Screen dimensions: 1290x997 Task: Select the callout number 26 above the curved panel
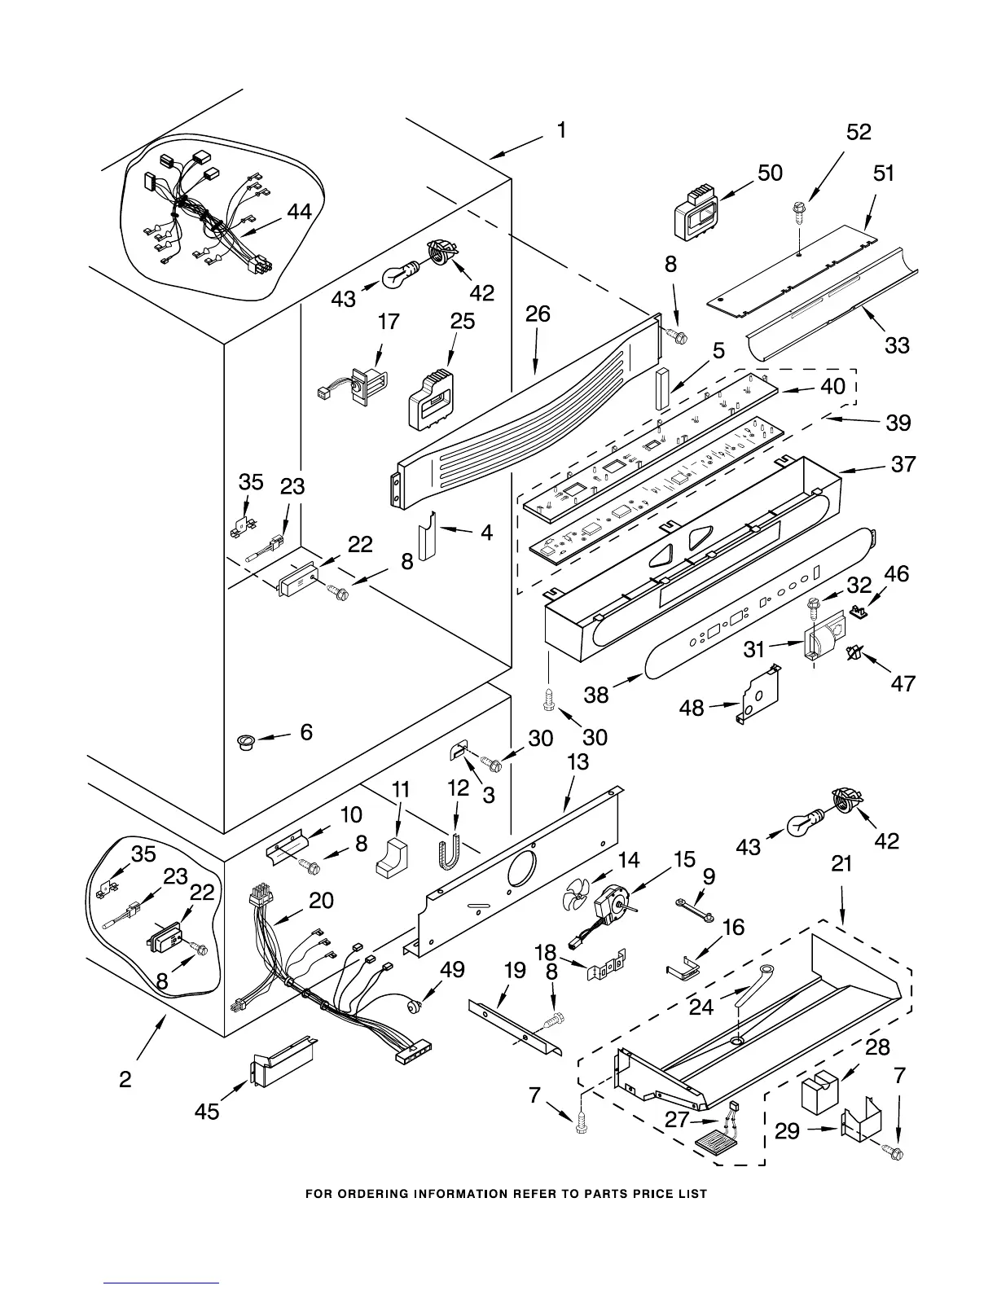[538, 314]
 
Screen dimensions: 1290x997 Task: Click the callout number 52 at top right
[859, 132]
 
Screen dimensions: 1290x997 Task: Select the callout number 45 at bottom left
[207, 1110]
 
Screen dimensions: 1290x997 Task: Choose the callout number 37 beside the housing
[903, 464]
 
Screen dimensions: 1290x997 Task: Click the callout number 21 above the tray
[841, 864]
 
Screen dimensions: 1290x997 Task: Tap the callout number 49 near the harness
[452, 970]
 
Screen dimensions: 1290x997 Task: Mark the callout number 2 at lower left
[125, 1080]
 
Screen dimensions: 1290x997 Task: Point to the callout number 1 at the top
[561, 130]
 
